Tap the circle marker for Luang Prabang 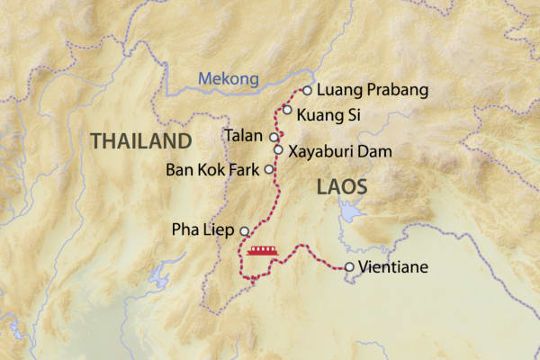point(307,90)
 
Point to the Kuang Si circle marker point(287,110)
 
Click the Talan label point(245,137)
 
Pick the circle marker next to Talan point(274,137)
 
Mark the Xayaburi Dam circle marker point(278,150)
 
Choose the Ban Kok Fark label point(212,169)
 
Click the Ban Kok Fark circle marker point(268,168)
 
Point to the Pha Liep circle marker point(244,231)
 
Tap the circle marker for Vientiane point(349,266)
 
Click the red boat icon point(262,249)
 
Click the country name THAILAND point(140,141)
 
